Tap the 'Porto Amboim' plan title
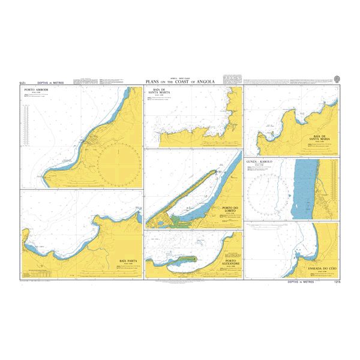click(x=34, y=91)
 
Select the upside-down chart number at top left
click(x=25, y=81)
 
